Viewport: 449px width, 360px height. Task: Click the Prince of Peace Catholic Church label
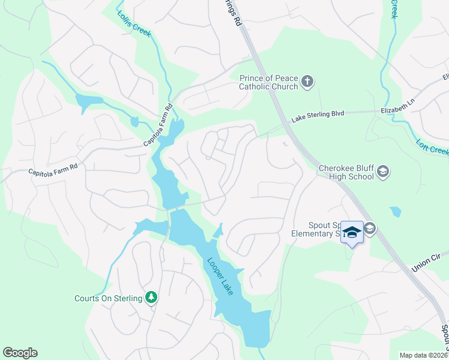[x=268, y=82]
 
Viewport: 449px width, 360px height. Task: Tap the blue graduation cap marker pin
[x=352, y=233]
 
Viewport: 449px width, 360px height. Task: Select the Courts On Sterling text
[x=108, y=298]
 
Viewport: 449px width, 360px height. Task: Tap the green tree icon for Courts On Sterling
[x=152, y=298]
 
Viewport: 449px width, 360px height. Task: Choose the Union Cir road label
[x=427, y=262]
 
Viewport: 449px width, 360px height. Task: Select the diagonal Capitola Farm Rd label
[x=158, y=125]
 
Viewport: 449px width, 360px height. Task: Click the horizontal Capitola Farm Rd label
[x=53, y=172]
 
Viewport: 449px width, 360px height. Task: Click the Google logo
[x=20, y=353]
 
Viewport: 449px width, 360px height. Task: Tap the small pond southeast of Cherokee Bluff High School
[x=396, y=212]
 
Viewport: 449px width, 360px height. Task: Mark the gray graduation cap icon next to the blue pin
[x=370, y=227]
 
